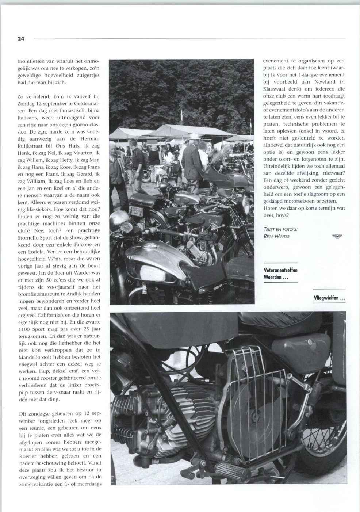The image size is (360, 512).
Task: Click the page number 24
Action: (x=21, y=39)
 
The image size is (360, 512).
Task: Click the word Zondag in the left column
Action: (x=26, y=103)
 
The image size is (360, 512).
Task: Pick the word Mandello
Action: (x=31, y=357)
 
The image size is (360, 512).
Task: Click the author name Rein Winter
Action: (x=276, y=236)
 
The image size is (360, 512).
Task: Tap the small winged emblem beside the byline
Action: (x=337, y=236)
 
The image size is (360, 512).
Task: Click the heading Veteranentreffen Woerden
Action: (x=280, y=274)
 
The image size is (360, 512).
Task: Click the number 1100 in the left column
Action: (x=24, y=329)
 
